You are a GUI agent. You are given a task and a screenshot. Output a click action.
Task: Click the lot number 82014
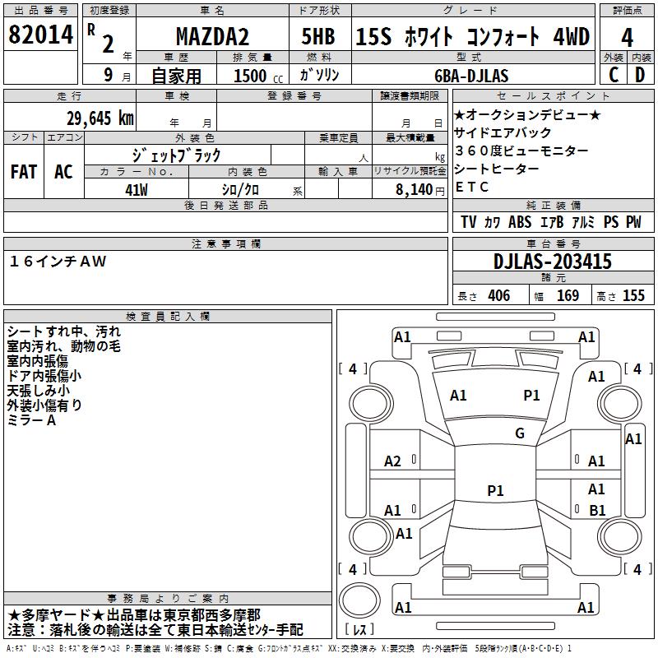tap(40, 36)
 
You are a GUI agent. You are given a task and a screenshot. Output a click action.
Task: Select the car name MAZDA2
tap(210, 38)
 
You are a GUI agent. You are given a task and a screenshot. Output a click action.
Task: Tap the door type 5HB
tap(317, 37)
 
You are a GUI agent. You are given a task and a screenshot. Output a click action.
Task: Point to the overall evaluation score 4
tap(627, 37)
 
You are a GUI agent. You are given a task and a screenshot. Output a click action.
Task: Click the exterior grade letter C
tap(613, 76)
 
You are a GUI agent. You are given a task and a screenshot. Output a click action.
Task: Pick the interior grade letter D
tap(641, 76)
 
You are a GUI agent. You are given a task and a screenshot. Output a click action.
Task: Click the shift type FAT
tap(23, 172)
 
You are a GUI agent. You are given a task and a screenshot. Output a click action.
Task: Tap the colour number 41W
tap(137, 190)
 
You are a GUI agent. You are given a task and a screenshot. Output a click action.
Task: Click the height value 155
tap(633, 296)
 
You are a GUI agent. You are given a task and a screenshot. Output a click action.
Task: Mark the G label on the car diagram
tap(520, 433)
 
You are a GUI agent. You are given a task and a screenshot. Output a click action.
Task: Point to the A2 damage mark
tap(393, 461)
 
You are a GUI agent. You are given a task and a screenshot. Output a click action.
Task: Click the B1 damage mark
tap(598, 511)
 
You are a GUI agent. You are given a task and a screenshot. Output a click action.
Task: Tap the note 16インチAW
tap(58, 262)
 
